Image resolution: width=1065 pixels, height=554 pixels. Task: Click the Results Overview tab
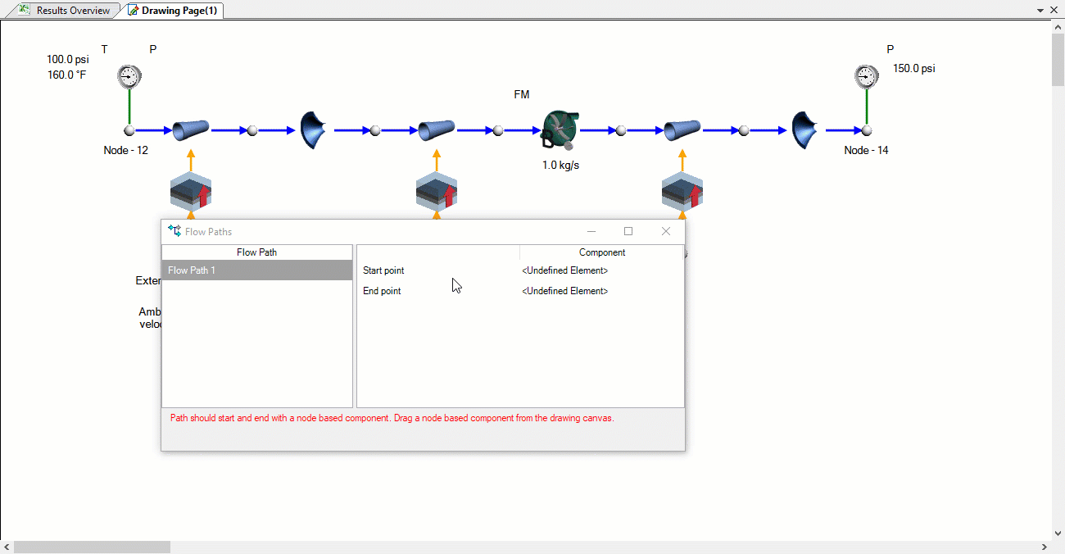72,11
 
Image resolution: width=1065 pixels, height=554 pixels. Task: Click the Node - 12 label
126,151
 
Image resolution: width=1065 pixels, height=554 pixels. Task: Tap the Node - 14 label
866,151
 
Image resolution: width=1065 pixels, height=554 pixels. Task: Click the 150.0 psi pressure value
913,69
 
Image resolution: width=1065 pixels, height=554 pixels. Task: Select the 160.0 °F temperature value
66,75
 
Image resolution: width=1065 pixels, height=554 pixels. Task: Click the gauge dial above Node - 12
129,76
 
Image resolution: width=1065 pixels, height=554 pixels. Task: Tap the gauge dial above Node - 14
866,76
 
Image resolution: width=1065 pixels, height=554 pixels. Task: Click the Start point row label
383,270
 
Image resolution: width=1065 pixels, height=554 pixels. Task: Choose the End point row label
382,291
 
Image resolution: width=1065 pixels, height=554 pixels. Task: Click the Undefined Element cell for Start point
564,270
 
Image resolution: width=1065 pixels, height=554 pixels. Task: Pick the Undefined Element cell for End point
564,291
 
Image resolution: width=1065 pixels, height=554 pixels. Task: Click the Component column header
601,252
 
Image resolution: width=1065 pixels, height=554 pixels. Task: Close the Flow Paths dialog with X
666,232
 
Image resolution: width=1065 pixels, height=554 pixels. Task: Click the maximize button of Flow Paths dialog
628,232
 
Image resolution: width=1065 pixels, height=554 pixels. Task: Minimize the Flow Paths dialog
591,232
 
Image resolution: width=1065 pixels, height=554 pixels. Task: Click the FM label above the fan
521,95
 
